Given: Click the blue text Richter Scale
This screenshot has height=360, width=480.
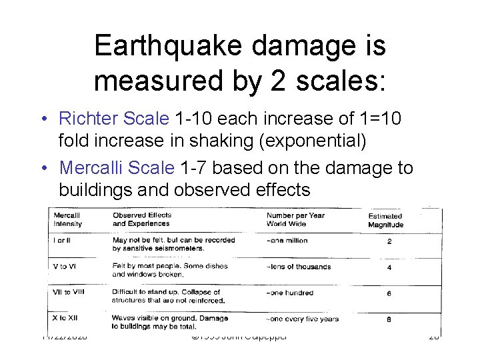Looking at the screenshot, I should point(114,119).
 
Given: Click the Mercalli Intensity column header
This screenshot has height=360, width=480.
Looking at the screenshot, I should point(67,220).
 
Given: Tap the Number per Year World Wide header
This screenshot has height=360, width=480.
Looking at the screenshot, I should point(296,220).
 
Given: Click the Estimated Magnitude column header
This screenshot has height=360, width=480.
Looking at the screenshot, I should point(386,221).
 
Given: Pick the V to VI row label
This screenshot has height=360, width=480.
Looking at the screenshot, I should point(64,267).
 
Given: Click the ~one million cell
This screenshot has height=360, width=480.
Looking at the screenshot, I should point(287,241).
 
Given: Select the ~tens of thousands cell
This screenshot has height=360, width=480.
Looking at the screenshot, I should point(299,267).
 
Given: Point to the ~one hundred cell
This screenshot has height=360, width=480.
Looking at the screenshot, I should point(289,293).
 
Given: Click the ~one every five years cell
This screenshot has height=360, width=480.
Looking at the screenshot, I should point(303,319).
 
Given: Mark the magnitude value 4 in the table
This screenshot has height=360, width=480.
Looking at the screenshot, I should point(389,268).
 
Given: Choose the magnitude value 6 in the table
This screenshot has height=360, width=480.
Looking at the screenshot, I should point(389,294).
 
